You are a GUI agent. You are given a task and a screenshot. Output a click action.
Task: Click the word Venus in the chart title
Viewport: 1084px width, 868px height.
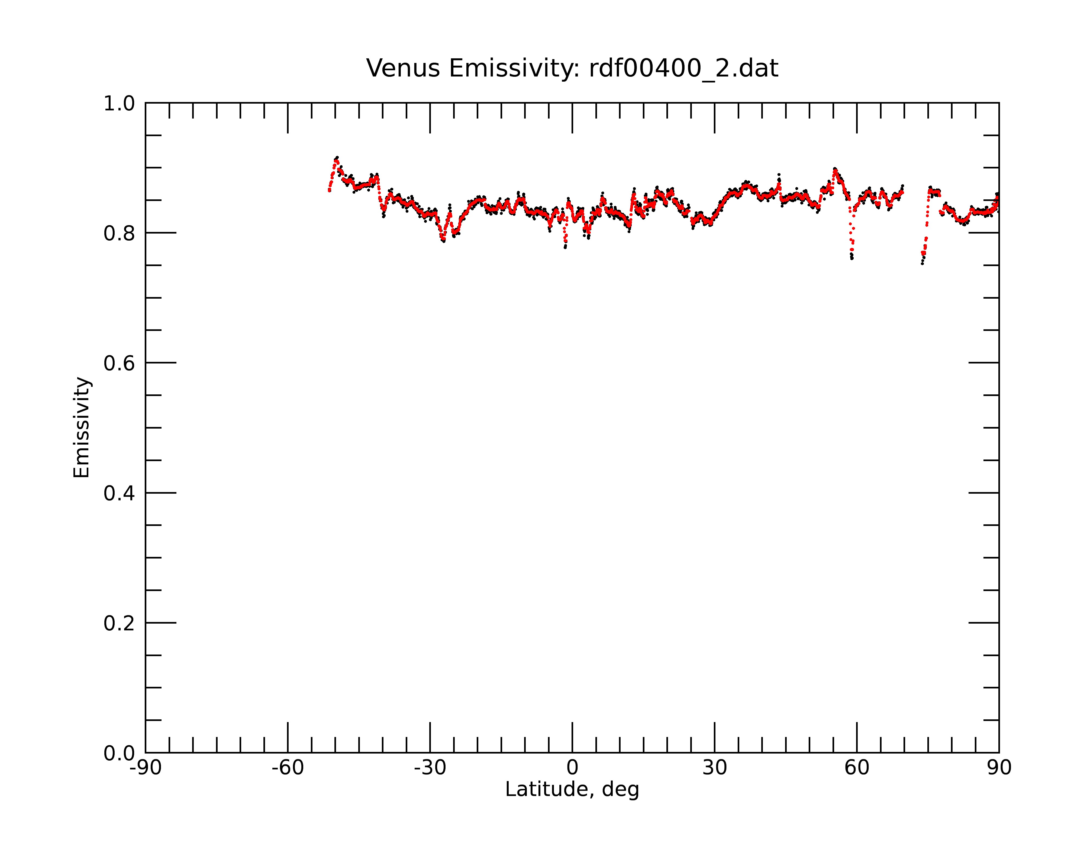(403, 68)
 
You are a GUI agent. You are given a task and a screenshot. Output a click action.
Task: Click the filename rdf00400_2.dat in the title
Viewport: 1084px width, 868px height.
(683, 68)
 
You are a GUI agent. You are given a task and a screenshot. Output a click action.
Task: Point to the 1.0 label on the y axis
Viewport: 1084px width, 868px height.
(119, 104)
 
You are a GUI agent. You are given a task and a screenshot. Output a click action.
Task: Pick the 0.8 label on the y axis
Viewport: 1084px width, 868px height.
(119, 234)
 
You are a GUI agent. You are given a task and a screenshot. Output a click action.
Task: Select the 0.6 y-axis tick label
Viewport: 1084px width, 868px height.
(119, 363)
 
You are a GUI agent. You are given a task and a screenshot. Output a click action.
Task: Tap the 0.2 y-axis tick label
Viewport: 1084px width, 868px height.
(119, 623)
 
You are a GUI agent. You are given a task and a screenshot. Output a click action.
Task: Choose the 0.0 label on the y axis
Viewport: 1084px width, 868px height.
(119, 753)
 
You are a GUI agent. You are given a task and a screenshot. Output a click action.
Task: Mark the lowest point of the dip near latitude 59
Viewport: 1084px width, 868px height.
(852, 259)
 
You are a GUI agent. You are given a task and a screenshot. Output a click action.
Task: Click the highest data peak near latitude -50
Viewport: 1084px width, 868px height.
(337, 158)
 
